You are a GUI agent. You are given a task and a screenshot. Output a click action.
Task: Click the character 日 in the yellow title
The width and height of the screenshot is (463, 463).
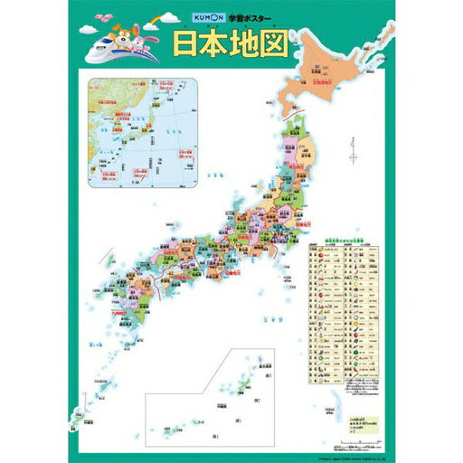coord(189,44)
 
